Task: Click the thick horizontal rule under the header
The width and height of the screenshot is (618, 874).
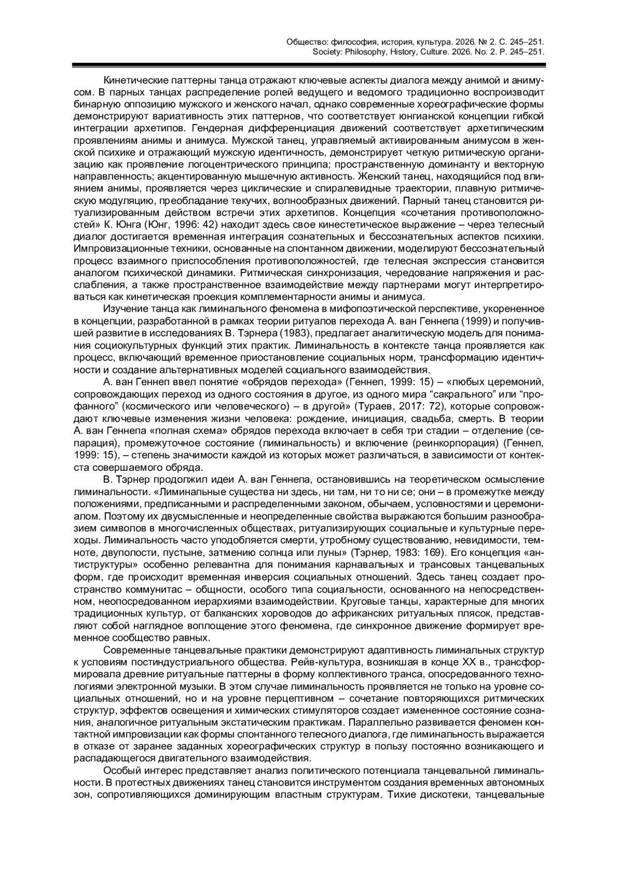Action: click(309, 65)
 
